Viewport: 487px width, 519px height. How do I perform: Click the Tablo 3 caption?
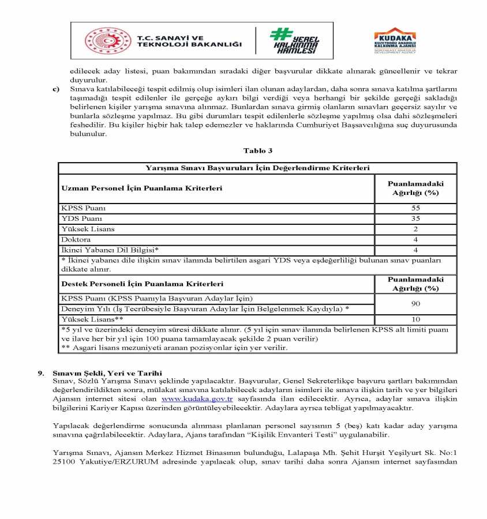(257, 151)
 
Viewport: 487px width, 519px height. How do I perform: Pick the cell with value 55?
(415, 208)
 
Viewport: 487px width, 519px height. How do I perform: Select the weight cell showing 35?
(415, 219)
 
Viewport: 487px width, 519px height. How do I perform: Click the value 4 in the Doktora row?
(415, 239)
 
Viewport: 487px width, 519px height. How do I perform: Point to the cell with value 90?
(415, 303)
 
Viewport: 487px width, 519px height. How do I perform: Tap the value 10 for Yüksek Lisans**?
(415, 319)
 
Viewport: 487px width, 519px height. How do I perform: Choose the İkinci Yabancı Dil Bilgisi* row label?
(110, 250)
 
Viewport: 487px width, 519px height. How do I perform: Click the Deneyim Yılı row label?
(205, 309)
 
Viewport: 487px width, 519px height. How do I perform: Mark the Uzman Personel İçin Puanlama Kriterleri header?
(142, 188)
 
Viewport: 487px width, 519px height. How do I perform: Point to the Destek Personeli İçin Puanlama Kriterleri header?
(142, 284)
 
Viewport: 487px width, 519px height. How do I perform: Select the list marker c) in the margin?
(56, 89)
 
